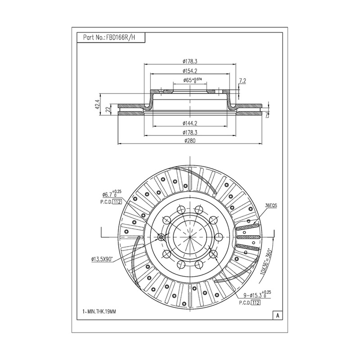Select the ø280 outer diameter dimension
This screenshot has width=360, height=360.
[x=190, y=140]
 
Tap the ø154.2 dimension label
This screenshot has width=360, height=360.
[x=190, y=71]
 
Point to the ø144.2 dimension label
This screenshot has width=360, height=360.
[x=190, y=123]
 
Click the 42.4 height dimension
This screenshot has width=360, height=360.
[x=98, y=104]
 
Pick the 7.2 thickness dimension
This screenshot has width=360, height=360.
[x=243, y=81]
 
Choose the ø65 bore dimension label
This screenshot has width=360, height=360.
[x=193, y=80]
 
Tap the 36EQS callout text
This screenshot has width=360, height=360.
[x=271, y=206]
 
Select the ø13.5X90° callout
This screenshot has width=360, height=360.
[x=102, y=259]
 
